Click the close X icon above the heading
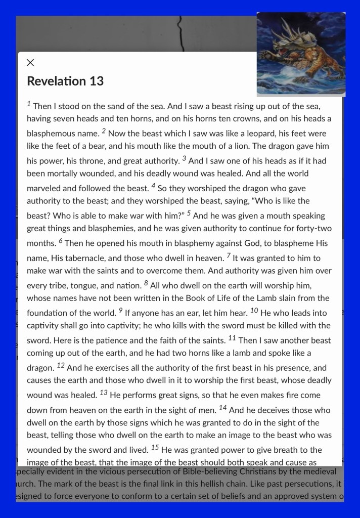[30, 63]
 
